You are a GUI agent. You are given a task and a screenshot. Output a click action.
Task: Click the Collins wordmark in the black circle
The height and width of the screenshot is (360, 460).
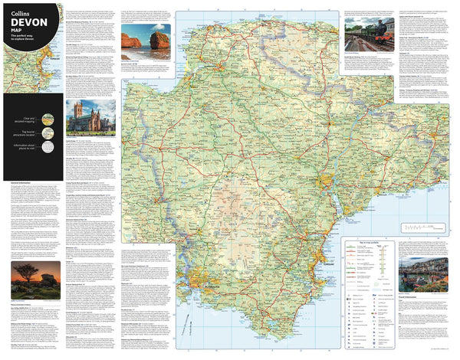click(x=18, y=7)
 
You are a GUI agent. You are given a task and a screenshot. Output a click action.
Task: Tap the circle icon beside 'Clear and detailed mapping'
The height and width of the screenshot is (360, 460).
click(x=48, y=119)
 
